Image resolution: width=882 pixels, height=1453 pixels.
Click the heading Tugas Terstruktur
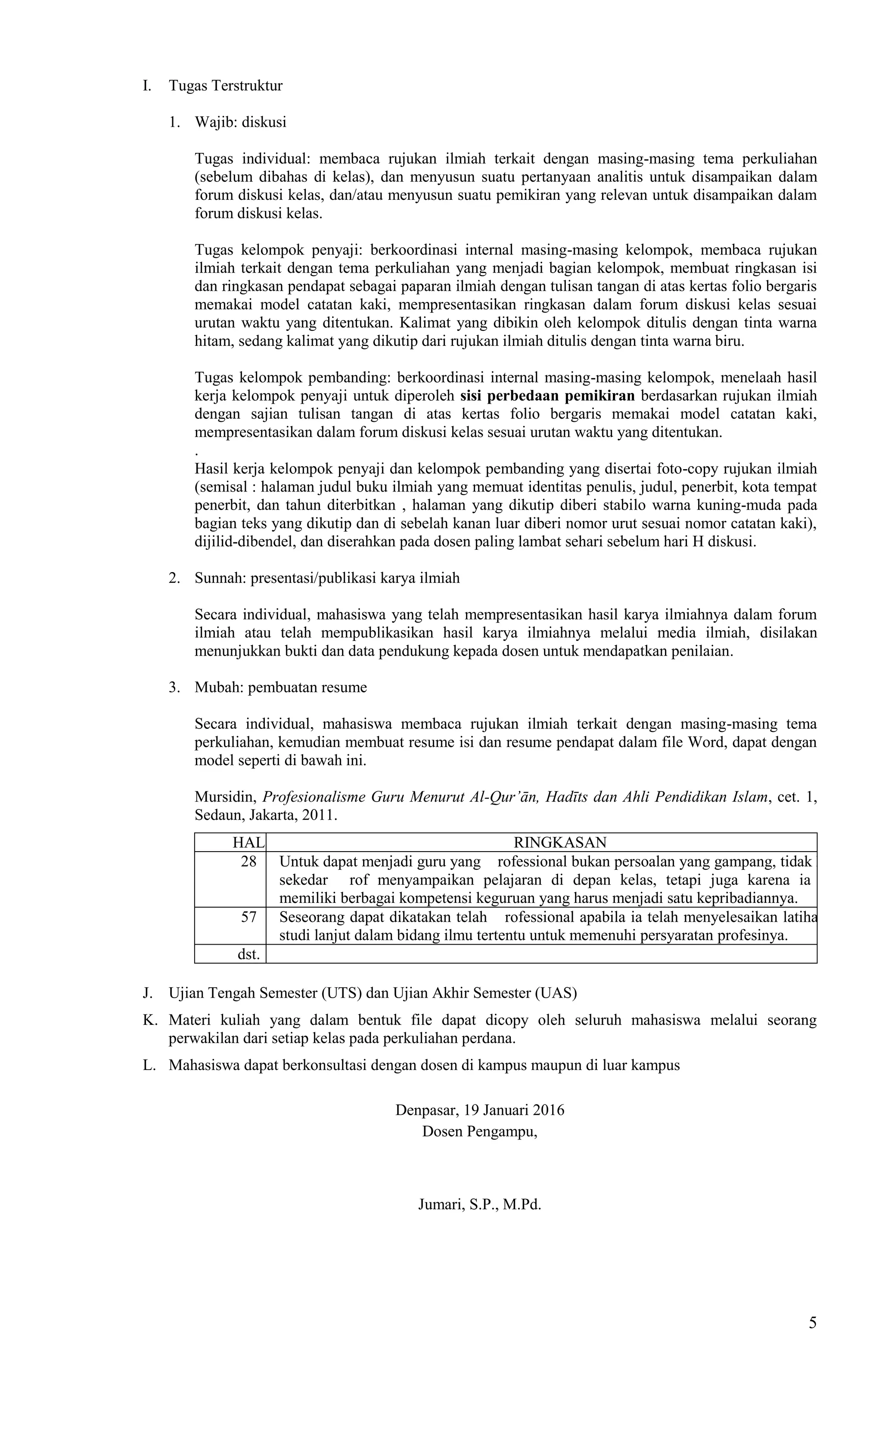coord(225,85)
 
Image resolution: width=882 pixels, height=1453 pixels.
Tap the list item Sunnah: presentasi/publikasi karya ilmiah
coord(326,578)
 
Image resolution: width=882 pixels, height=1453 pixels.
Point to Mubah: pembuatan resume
coord(281,687)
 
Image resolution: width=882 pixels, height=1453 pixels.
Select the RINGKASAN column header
coord(559,842)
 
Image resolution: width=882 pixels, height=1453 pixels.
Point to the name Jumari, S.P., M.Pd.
coord(479,1205)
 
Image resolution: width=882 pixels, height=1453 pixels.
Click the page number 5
coord(812,1323)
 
